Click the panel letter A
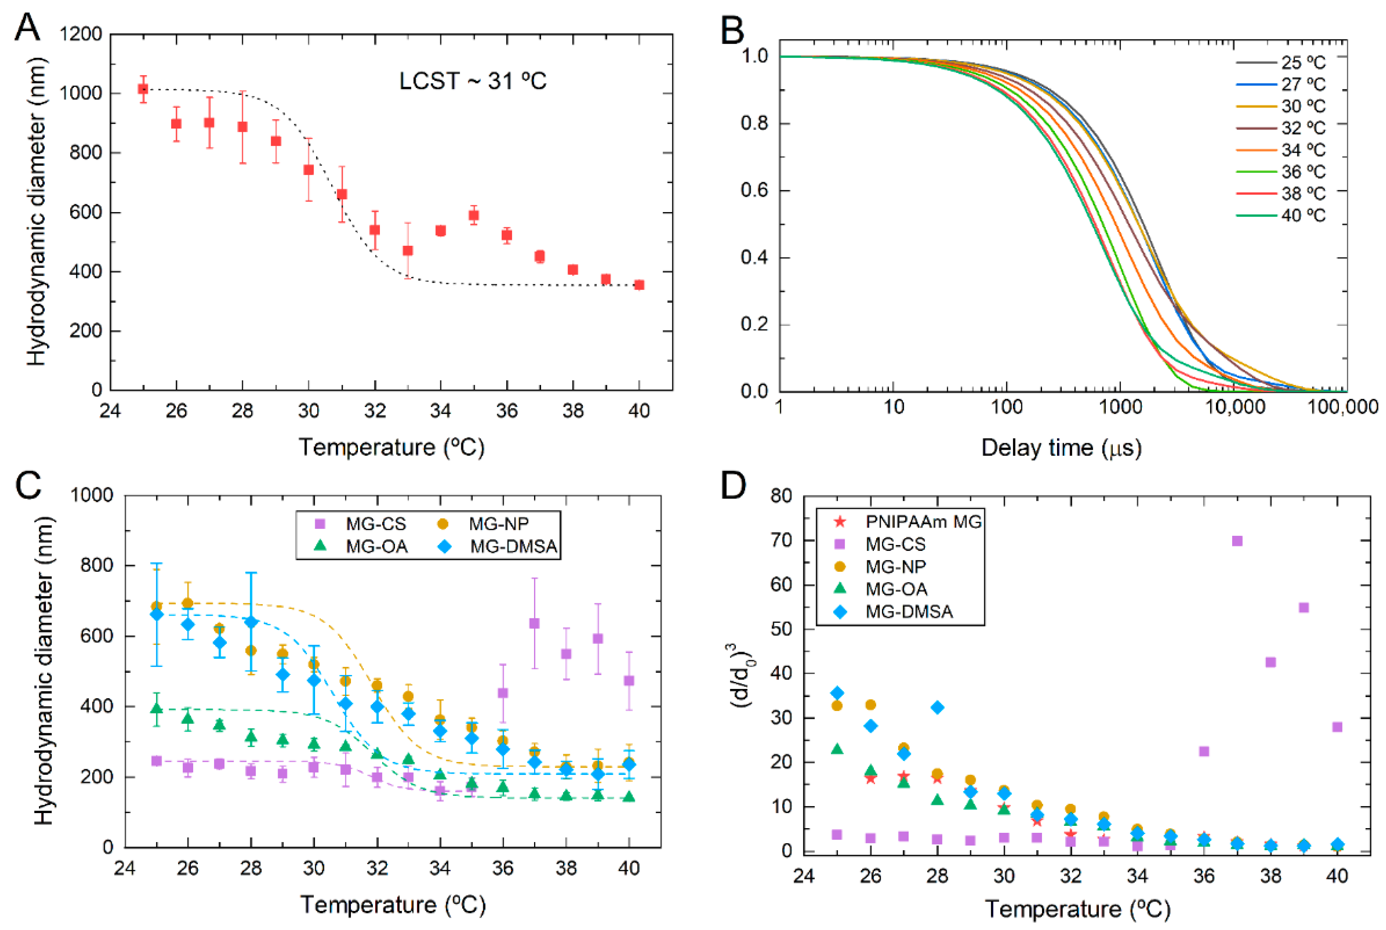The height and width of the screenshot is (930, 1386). (27, 27)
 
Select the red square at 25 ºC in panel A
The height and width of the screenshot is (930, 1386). (143, 89)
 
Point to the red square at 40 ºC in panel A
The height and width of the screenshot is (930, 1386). (639, 285)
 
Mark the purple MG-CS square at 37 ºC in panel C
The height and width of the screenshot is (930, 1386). (534, 623)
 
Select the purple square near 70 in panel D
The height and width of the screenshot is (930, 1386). (1237, 541)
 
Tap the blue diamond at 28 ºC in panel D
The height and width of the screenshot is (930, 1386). (937, 707)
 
